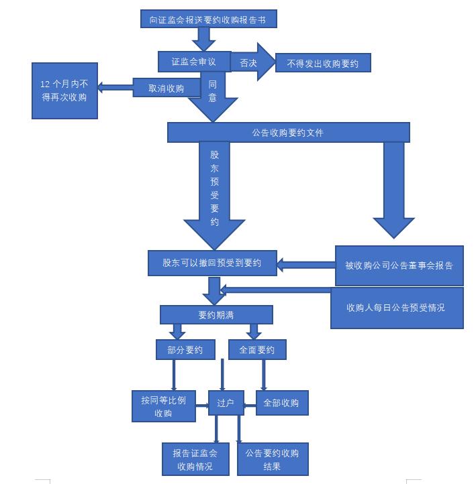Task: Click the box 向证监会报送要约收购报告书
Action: tap(209, 19)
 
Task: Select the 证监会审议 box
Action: tap(194, 62)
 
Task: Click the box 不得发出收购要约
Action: tap(322, 64)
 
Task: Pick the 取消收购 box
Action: tap(166, 88)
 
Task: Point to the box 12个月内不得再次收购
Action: tap(64, 90)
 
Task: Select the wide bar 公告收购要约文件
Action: tap(288, 133)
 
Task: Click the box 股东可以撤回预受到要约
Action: tap(212, 263)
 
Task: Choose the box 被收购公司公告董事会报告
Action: tap(399, 265)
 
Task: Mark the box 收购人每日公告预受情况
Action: tap(396, 308)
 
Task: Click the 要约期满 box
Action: tap(216, 314)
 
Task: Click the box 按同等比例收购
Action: tap(163, 406)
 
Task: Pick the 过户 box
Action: tap(226, 403)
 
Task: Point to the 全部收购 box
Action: tap(281, 403)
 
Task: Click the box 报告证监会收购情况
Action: tap(195, 459)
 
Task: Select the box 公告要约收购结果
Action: tap(272, 459)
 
